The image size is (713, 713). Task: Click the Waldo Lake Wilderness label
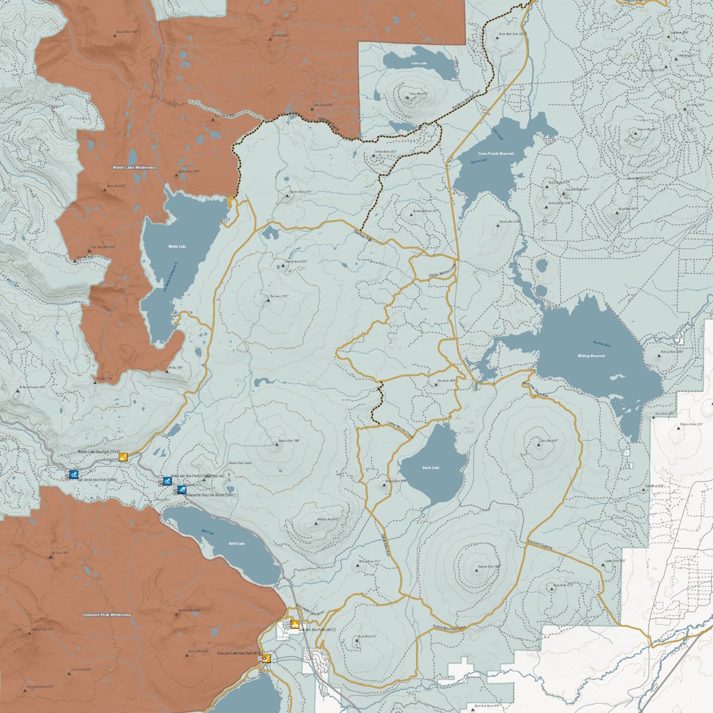point(134,167)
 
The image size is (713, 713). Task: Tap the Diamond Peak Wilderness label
point(107,615)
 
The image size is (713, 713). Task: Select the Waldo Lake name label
point(177,246)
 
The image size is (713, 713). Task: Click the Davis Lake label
point(430,468)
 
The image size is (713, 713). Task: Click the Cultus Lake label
point(419,63)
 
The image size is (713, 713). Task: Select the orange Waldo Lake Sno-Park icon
point(122,457)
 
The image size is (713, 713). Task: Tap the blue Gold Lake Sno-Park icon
point(167,481)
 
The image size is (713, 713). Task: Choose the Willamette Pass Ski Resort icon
point(182,489)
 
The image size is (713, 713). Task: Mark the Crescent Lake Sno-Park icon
point(266,658)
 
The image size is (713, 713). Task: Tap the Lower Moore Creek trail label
point(400,431)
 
